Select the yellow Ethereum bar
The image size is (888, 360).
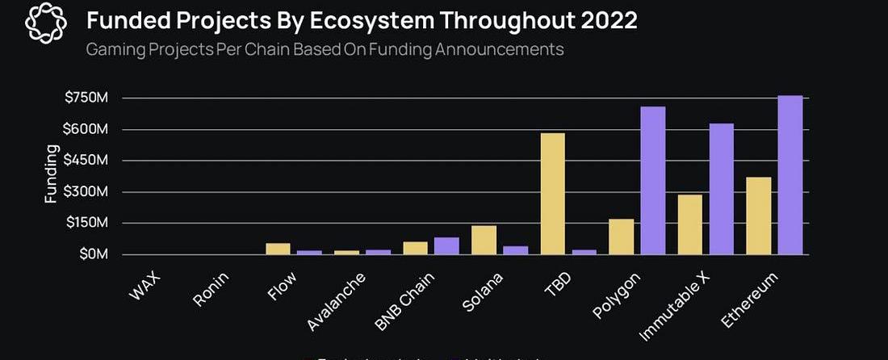tap(759, 216)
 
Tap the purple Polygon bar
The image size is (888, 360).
tap(653, 181)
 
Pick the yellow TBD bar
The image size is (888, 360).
tap(553, 194)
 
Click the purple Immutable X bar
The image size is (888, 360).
tap(722, 189)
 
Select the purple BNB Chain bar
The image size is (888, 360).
tap(446, 245)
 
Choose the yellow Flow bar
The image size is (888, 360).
tap(279, 249)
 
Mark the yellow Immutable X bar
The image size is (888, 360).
tap(690, 224)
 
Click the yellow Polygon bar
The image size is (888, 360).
tap(622, 237)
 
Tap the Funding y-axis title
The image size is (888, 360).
tap(52, 174)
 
